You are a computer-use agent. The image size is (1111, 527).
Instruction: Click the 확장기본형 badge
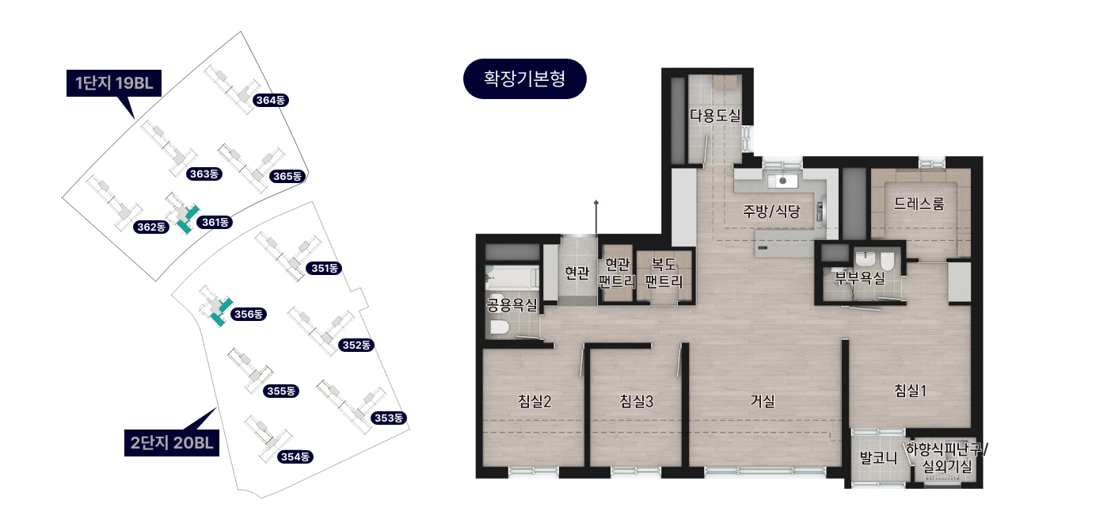(525, 78)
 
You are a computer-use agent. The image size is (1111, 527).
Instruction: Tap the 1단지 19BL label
(113, 83)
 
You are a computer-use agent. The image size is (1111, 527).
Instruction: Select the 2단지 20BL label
(172, 443)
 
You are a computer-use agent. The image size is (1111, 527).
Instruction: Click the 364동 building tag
(270, 100)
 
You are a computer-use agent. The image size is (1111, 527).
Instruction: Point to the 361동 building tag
(215, 223)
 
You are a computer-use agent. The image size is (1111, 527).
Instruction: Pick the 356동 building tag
(249, 314)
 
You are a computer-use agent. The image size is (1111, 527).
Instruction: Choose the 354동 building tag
(295, 456)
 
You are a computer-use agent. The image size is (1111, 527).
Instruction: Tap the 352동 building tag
(356, 345)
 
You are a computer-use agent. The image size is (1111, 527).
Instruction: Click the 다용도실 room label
(715, 116)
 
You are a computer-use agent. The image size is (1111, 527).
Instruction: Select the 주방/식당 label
(771, 212)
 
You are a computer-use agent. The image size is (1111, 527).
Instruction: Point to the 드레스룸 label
(919, 204)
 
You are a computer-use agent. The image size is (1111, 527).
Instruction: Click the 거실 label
(763, 400)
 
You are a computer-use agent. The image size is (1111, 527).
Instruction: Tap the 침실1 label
(910, 391)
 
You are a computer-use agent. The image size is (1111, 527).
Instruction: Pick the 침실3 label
(637, 401)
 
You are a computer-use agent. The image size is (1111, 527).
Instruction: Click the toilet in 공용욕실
(499, 327)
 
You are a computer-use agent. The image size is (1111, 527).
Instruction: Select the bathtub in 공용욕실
(512, 278)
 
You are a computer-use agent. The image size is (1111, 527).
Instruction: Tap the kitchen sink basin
(782, 181)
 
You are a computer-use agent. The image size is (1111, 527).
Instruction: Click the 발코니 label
(878, 457)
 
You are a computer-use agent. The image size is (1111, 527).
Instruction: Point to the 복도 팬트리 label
(664, 273)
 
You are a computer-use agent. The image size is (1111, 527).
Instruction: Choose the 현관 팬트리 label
(617, 273)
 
